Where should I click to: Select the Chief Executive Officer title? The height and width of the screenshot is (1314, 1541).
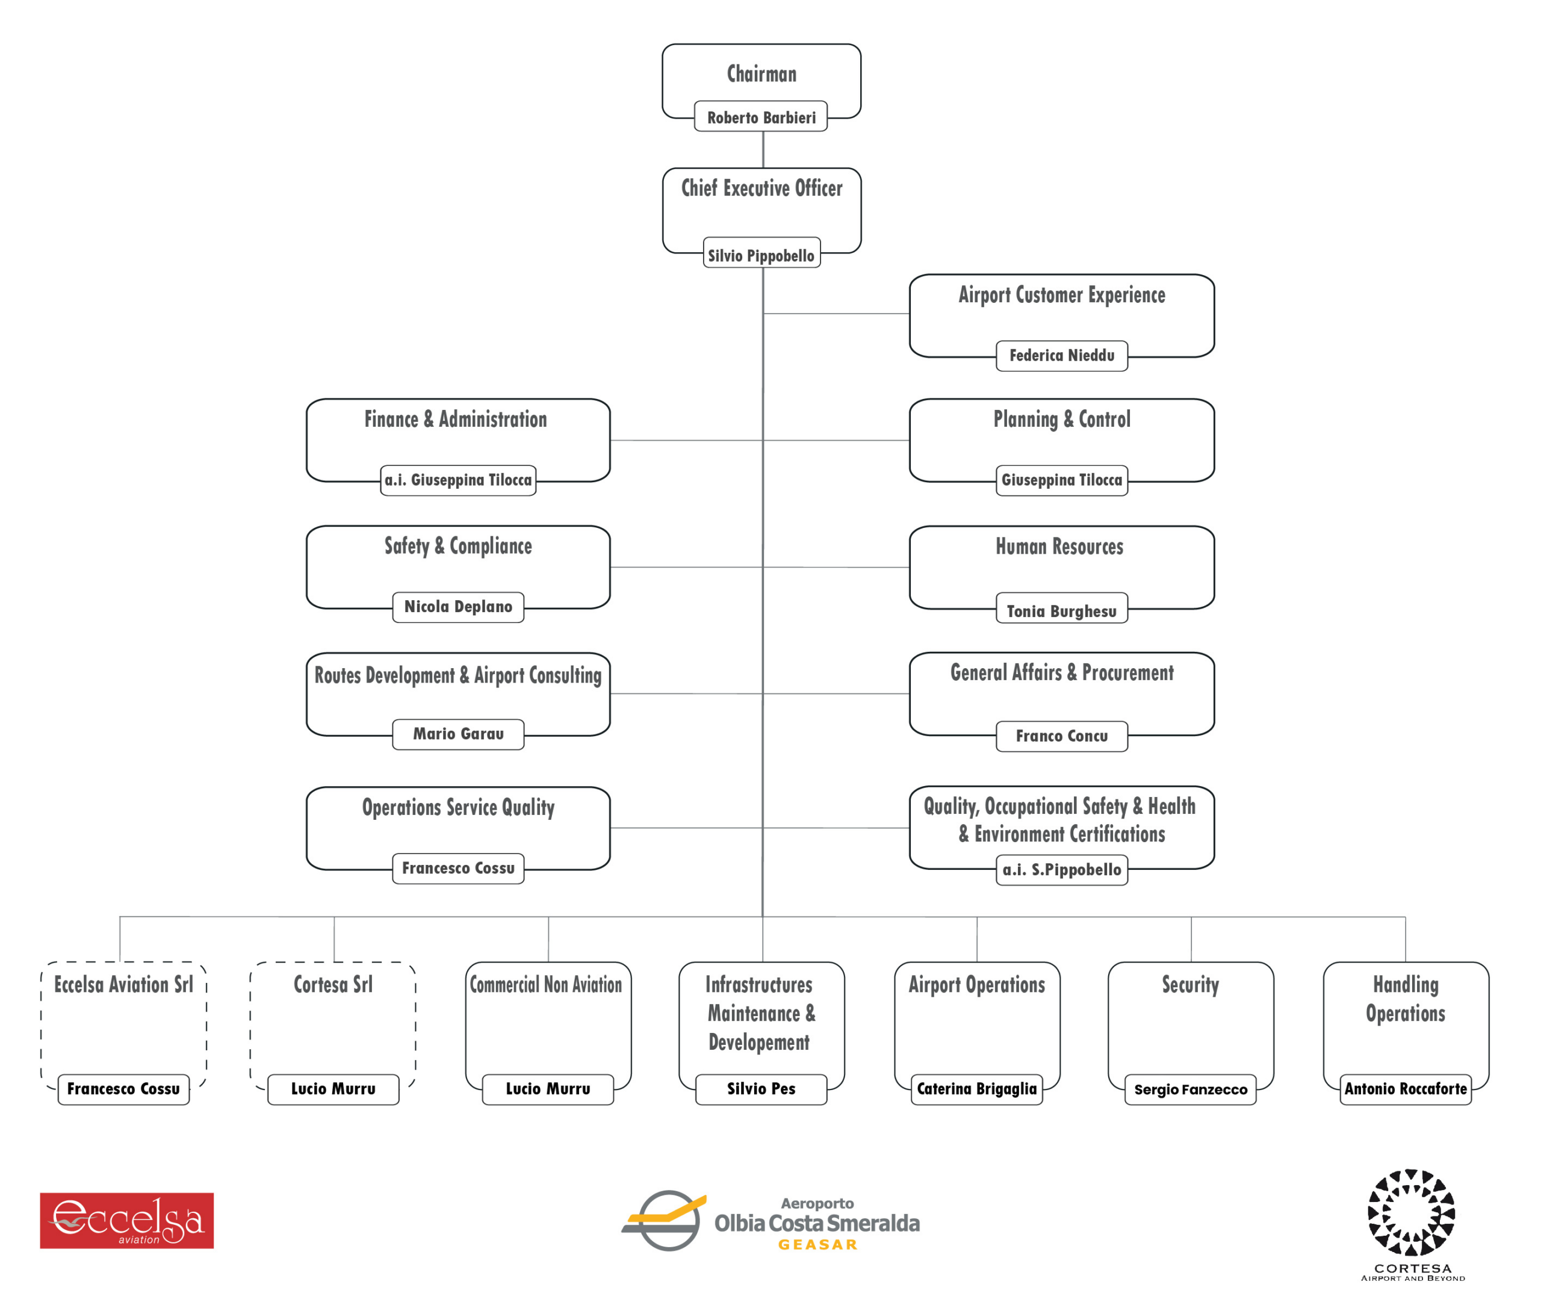[761, 188]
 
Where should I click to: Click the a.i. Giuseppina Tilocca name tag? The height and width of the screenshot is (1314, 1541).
[458, 480]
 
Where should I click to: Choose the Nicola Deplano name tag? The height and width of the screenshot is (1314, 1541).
[458, 607]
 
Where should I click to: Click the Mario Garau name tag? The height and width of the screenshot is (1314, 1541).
[458, 734]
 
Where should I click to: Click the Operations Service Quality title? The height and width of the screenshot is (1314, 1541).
[458, 808]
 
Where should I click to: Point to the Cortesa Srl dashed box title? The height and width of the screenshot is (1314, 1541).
[333, 985]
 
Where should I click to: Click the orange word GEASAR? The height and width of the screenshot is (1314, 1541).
[817, 1245]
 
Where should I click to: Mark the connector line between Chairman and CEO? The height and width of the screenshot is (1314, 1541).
[763, 149]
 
